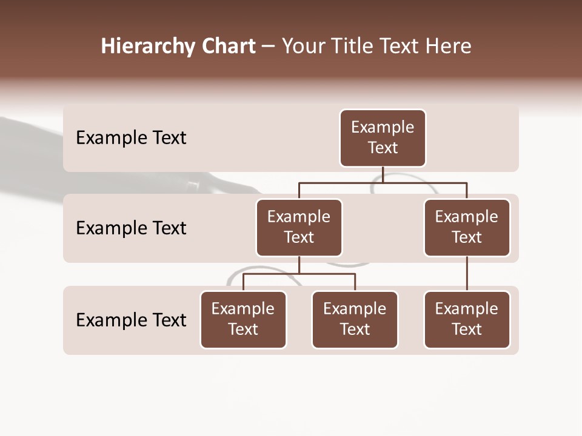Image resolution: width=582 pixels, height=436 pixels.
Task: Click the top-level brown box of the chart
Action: click(x=383, y=138)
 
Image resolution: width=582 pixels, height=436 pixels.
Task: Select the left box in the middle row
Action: click(x=299, y=228)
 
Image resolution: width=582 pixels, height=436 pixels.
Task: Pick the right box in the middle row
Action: click(x=467, y=228)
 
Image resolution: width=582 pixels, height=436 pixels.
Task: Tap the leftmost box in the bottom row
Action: click(x=243, y=320)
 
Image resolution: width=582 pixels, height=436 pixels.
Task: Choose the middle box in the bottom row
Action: click(x=355, y=320)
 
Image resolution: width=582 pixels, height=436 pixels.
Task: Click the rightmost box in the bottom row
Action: click(x=467, y=320)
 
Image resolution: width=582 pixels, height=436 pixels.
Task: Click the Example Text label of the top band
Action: click(x=131, y=138)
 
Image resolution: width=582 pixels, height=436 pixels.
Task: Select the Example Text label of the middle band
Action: click(x=131, y=228)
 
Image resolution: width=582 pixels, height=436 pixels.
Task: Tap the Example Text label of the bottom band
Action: click(x=131, y=320)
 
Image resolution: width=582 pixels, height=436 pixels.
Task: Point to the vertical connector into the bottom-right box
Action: click(x=467, y=274)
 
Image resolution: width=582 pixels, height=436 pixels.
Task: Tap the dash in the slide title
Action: click(x=269, y=47)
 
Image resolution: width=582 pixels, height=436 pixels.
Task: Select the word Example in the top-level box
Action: click(x=383, y=127)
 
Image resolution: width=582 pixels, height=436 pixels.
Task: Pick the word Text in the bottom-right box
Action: click(x=467, y=329)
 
